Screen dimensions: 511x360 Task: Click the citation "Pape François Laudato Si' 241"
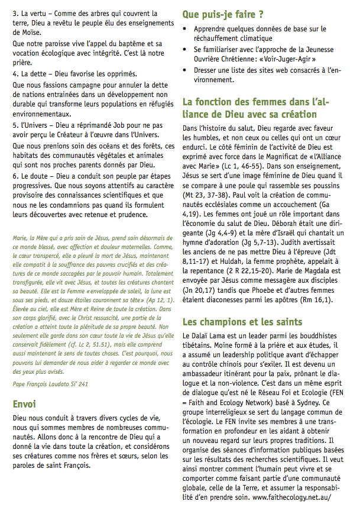click(x=51, y=383)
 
